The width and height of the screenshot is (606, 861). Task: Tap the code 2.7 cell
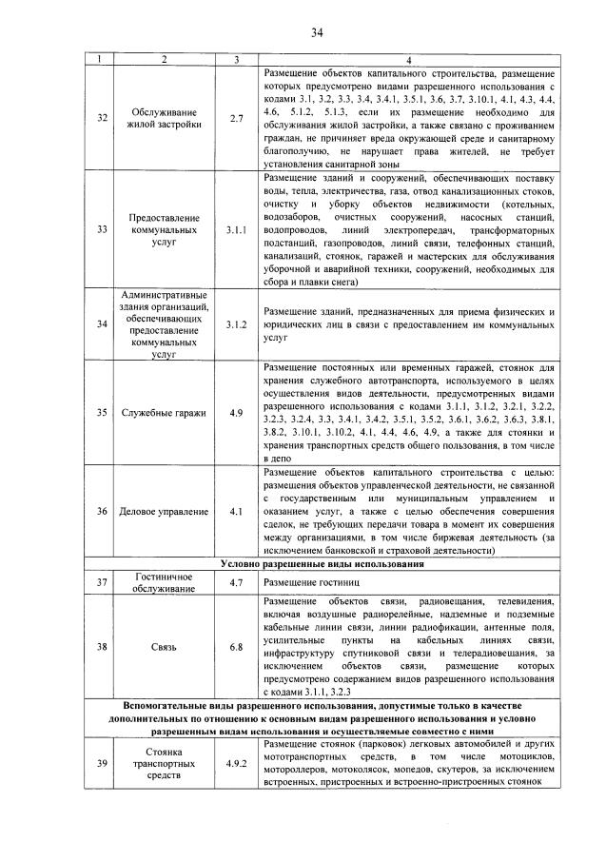(236, 118)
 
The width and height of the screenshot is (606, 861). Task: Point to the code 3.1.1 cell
(236, 230)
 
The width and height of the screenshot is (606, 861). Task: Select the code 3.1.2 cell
(236, 324)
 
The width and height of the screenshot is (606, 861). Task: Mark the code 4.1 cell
(236, 512)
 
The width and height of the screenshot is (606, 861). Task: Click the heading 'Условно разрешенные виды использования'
(322, 564)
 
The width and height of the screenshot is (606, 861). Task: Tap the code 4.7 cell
(236, 581)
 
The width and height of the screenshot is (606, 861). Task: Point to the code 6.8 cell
(236, 647)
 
